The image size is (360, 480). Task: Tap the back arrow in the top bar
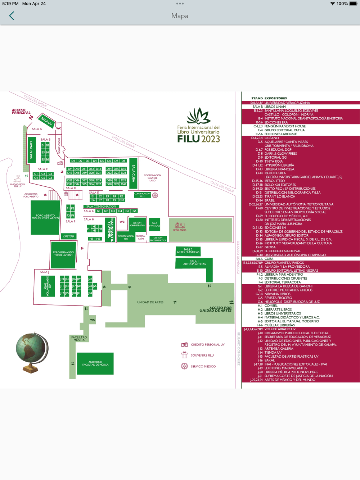click(x=12, y=16)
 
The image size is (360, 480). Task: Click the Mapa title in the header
click(x=180, y=16)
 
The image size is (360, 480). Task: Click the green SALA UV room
click(x=46, y=121)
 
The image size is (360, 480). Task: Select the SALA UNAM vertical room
click(x=31, y=150)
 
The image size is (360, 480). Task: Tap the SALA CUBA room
click(x=133, y=173)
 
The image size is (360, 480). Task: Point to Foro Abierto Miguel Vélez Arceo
click(x=45, y=217)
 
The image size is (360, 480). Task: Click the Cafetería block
click(x=68, y=236)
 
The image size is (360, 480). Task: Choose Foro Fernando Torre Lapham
click(x=63, y=254)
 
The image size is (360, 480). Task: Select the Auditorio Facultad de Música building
click(x=95, y=363)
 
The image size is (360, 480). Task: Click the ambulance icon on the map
click(x=179, y=226)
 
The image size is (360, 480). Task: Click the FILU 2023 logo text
click(x=198, y=139)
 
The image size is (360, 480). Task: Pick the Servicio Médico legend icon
click(x=184, y=366)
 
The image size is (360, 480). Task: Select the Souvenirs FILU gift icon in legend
click(x=184, y=355)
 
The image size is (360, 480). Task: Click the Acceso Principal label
click(x=21, y=112)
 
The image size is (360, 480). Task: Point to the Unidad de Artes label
click(x=150, y=302)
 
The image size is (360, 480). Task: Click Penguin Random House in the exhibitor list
click(x=285, y=126)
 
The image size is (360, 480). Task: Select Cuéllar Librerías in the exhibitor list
click(x=280, y=325)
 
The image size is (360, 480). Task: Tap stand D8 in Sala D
click(x=123, y=161)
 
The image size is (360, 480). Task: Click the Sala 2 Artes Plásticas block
click(x=188, y=251)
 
